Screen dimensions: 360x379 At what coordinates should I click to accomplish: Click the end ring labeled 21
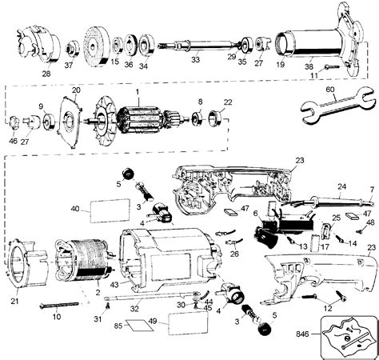point(22,249)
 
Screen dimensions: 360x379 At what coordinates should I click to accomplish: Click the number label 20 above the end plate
point(77,90)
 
